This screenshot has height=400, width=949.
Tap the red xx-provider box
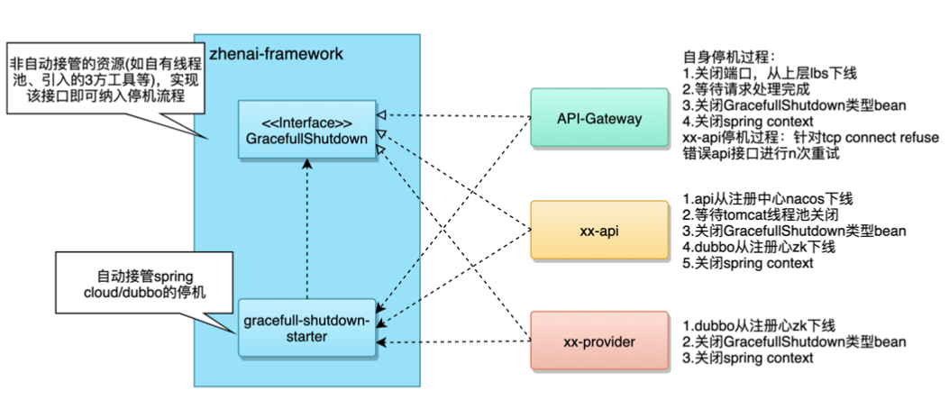(588, 341)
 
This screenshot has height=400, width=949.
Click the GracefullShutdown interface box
(307, 131)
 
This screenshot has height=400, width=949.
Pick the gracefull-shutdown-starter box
(307, 327)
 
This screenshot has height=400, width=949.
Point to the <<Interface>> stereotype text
(307, 123)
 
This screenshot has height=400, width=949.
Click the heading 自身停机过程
(730, 57)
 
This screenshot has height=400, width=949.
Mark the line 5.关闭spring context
(749, 263)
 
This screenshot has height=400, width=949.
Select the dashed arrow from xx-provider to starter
(455, 341)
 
